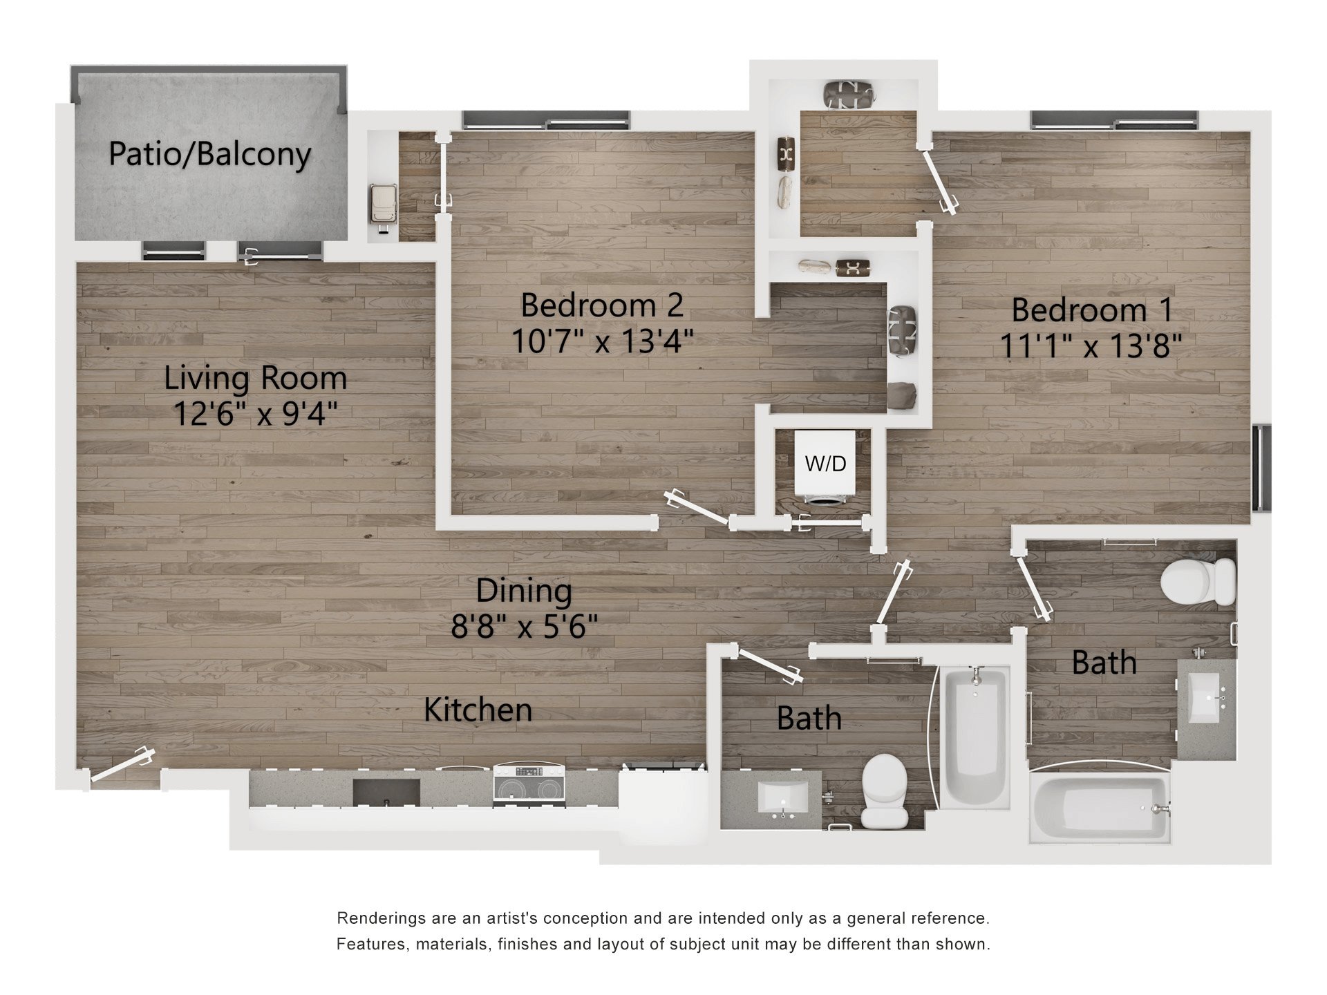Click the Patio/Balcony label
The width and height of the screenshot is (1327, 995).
(210, 154)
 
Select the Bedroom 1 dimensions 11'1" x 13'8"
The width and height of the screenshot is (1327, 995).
(1091, 345)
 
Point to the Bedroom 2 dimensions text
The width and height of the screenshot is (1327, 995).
(602, 341)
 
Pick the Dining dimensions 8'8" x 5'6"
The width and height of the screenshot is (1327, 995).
(524, 627)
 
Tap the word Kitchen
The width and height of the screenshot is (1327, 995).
(478, 710)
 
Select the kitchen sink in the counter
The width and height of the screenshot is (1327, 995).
(386, 792)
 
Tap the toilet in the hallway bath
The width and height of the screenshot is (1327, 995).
(885, 790)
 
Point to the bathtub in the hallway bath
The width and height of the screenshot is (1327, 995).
(975, 737)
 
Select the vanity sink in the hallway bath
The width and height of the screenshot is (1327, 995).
(783, 798)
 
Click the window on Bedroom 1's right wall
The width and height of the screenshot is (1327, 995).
(1262, 468)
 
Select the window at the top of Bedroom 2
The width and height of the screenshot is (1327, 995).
(546, 120)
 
